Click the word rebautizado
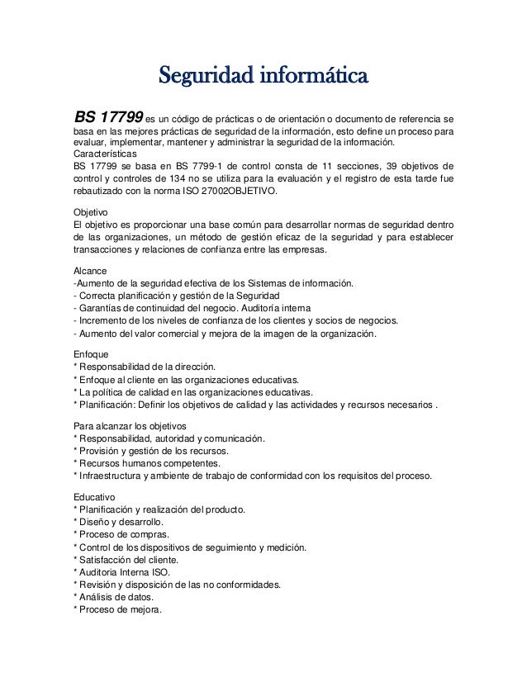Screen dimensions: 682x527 (x=104, y=191)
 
